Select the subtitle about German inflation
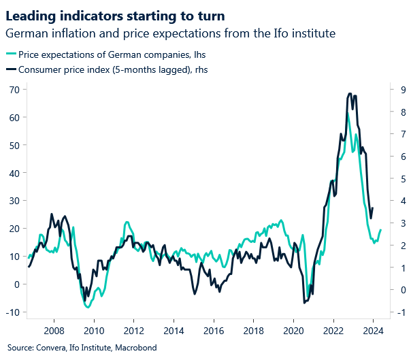pos(171,33)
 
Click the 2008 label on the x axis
pos(54,331)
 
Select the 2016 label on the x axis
pos(213,331)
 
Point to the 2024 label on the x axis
pos(373,331)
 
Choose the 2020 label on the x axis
pos(293,331)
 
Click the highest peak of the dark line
pos(350,94)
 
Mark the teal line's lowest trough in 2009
pos(88,308)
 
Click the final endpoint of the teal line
pos(380,230)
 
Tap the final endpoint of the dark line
pos(373,208)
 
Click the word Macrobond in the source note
pos(138,348)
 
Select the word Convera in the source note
pos(52,348)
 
